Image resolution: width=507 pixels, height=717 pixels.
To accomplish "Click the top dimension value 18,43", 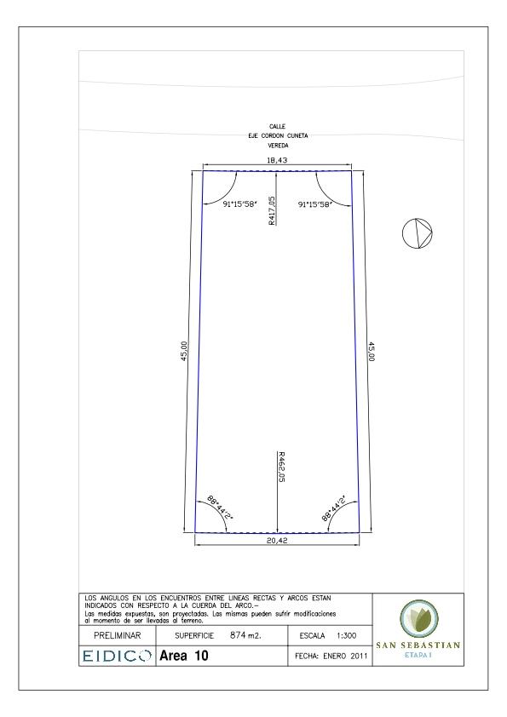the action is pyautogui.click(x=277, y=160).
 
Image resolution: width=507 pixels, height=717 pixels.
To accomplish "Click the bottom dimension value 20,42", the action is pyautogui.click(x=277, y=541).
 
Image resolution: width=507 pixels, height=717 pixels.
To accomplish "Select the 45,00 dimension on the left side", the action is pyautogui.click(x=184, y=351).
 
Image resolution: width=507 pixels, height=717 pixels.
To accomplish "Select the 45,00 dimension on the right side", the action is pyautogui.click(x=372, y=351).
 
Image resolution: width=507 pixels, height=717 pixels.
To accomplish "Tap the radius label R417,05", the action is pyautogui.click(x=273, y=210).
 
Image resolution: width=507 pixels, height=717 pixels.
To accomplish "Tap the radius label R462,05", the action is pyautogui.click(x=281, y=467).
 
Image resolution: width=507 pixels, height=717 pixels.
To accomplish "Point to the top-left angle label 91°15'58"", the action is pyautogui.click(x=239, y=204).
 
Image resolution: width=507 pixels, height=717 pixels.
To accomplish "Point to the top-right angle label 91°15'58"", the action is pyautogui.click(x=314, y=204).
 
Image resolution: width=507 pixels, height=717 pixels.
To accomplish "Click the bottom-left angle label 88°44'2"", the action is pyautogui.click(x=220, y=508).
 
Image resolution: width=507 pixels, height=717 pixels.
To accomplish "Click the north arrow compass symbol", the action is pyautogui.click(x=417, y=233).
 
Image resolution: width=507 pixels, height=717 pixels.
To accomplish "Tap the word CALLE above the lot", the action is pyautogui.click(x=277, y=126).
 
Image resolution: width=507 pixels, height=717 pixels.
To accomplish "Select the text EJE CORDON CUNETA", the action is pyautogui.click(x=278, y=135).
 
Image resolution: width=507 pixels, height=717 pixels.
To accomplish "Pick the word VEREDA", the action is pyautogui.click(x=278, y=146).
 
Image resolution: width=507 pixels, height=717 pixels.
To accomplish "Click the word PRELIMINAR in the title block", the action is pyautogui.click(x=117, y=635).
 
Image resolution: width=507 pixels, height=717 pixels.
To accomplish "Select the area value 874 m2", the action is pyautogui.click(x=245, y=635).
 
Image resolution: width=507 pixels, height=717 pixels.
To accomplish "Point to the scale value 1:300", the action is pyautogui.click(x=346, y=635).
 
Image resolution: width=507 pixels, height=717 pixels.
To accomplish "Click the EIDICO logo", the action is pyautogui.click(x=117, y=656).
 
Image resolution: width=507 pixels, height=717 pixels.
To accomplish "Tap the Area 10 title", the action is pyautogui.click(x=183, y=656).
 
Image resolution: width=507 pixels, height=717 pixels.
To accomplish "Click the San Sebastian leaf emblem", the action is pyautogui.click(x=418, y=618).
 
